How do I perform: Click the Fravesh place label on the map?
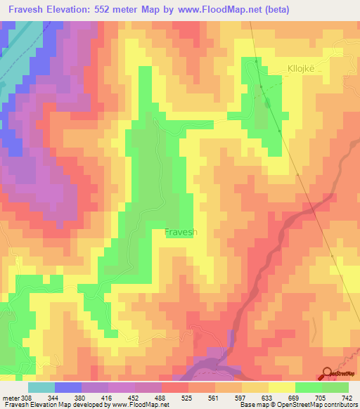(181, 232)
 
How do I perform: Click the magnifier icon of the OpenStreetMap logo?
(327, 372)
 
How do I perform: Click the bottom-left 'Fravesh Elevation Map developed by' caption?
(53, 405)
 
